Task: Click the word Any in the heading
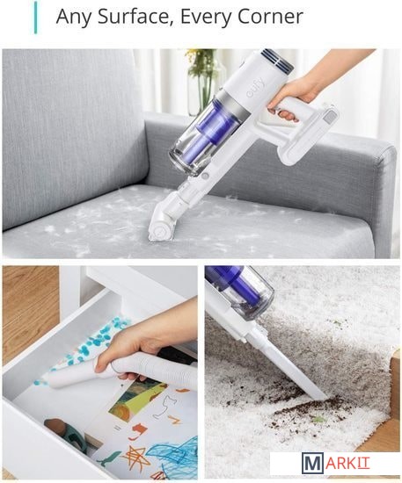(73, 18)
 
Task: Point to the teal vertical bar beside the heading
(36, 18)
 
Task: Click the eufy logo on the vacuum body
(256, 88)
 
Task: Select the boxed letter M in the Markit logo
(312, 463)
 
